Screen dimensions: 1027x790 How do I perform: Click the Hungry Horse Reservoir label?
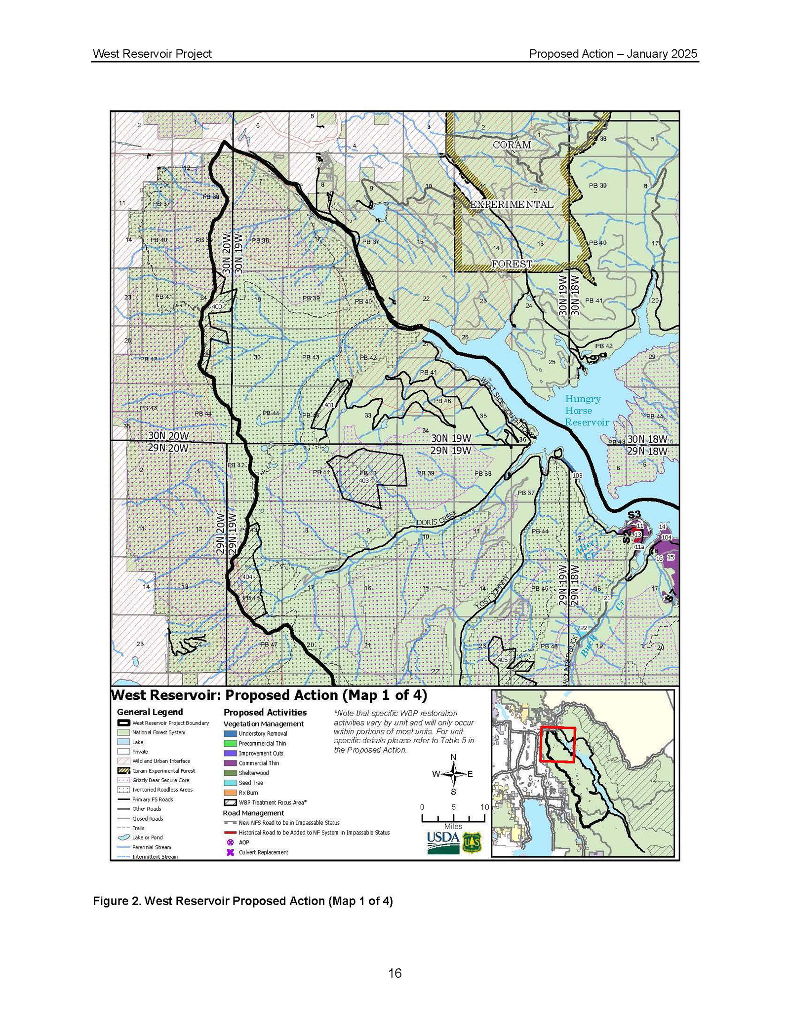(x=586, y=410)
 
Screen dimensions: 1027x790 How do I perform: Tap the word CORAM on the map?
(x=512, y=145)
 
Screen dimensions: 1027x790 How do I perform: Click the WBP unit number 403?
(x=364, y=480)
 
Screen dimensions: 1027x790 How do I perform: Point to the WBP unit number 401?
(x=329, y=405)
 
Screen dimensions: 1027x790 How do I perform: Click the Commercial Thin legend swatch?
(x=230, y=763)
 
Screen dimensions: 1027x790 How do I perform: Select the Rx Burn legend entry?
(x=248, y=793)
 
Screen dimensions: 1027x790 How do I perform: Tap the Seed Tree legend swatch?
(x=230, y=783)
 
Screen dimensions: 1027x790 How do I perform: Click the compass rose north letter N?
(x=453, y=758)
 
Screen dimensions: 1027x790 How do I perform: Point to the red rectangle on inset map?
(x=557, y=745)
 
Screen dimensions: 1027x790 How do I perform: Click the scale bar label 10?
(x=484, y=807)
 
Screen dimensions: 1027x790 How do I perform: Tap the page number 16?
(x=395, y=973)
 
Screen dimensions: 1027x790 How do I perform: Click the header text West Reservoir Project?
(x=152, y=54)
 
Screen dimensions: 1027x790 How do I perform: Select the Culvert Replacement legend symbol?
(x=230, y=852)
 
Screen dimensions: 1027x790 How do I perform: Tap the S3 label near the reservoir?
(x=634, y=515)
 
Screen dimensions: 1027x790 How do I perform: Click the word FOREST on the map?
(x=512, y=264)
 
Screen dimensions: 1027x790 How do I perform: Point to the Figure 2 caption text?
(x=242, y=901)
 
